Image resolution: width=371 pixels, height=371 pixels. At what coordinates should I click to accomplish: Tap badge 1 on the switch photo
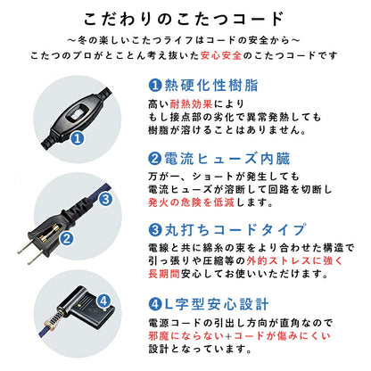pyautogui.click(x=78, y=139)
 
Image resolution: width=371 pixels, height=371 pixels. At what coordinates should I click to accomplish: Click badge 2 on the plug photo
pyautogui.click(x=65, y=236)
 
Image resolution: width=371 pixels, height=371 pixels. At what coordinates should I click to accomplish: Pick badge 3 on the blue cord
pyautogui.click(x=104, y=200)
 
